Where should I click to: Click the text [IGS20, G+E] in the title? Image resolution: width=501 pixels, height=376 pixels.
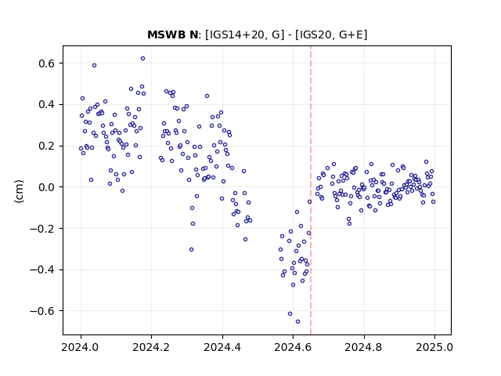[x=331, y=34]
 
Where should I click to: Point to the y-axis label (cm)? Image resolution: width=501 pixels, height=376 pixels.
[x=19, y=191]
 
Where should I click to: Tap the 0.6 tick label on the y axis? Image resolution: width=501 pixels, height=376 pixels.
[x=47, y=63]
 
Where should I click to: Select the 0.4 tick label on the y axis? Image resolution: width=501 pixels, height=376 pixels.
[x=47, y=104]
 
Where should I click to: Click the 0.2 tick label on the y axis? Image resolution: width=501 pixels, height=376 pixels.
[x=47, y=146]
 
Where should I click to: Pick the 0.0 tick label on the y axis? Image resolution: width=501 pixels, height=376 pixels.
[x=47, y=187]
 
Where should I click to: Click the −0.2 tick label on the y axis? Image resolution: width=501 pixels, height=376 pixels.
[x=42, y=228]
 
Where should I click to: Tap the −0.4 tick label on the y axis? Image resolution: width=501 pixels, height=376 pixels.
[x=42, y=269]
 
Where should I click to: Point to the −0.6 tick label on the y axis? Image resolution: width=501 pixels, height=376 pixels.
[x=42, y=311]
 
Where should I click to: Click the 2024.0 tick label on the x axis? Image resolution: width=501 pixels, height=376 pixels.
[x=81, y=347]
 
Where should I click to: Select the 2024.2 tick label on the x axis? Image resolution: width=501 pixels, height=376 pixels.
[x=151, y=347]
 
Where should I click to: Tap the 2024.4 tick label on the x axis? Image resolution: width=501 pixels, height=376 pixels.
[x=222, y=347]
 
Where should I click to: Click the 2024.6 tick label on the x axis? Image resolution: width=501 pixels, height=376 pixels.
[x=293, y=347]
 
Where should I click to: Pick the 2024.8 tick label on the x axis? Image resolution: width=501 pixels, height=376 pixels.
[x=363, y=347]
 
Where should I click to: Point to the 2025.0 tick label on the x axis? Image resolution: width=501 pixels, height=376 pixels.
[x=434, y=347]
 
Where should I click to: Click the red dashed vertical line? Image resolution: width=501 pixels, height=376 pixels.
[x=311, y=190]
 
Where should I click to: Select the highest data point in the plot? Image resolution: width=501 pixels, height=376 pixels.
[x=142, y=58]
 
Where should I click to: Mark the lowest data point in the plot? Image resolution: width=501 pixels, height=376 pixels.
[x=297, y=321]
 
